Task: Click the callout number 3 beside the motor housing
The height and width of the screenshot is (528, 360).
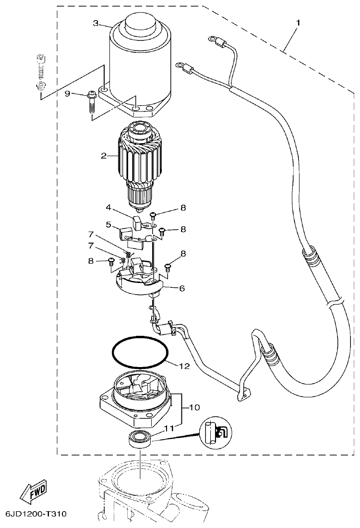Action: click(96, 23)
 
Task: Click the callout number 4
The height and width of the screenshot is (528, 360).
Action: click(108, 208)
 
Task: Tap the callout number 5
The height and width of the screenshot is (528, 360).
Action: click(108, 224)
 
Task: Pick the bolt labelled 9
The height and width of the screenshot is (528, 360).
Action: click(92, 101)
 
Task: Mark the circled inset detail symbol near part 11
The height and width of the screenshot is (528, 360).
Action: click(214, 432)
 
